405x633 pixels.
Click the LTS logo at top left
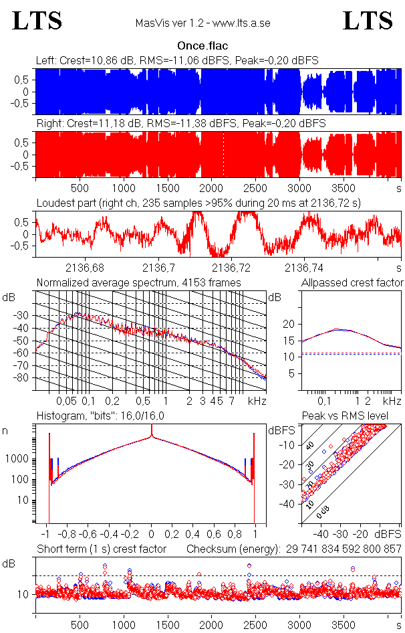pyautogui.click(x=37, y=21)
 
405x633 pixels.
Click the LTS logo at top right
pyautogui.click(x=368, y=21)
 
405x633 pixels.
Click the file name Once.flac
pyautogui.click(x=202, y=46)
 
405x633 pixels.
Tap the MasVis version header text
pyautogui.click(x=202, y=23)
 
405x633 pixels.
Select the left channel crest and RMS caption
pyautogui.click(x=177, y=61)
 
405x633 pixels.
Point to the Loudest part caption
pyautogui.click(x=198, y=203)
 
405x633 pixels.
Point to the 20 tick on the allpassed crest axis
pyautogui.click(x=289, y=324)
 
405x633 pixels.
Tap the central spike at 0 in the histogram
pyautogui.click(x=152, y=438)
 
